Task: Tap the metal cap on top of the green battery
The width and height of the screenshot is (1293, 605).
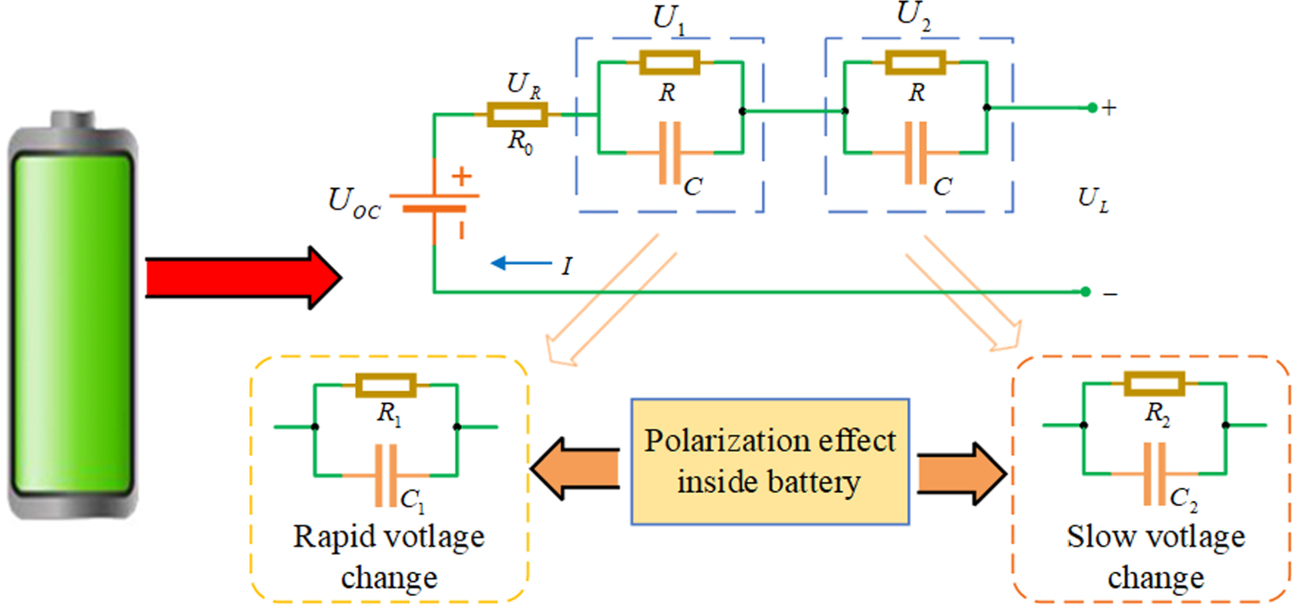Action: pos(72,123)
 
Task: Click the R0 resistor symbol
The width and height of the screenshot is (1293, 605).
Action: pos(516,115)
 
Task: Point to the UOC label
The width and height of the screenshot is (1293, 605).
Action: pos(353,203)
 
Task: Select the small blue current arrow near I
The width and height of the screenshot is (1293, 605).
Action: pos(520,264)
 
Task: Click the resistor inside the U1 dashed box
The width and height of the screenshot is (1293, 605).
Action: pos(669,63)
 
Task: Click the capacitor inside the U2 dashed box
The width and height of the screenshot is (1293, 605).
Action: pos(915,153)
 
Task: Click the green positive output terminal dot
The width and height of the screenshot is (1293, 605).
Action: pos(1092,108)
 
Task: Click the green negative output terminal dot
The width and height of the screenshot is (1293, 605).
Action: pos(1085,292)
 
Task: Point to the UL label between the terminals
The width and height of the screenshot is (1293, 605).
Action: pos(1093,199)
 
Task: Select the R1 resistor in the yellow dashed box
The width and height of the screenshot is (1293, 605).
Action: pos(385,385)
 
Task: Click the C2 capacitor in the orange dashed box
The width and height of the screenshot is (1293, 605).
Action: pos(1155,474)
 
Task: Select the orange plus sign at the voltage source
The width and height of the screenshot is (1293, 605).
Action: pos(462,176)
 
